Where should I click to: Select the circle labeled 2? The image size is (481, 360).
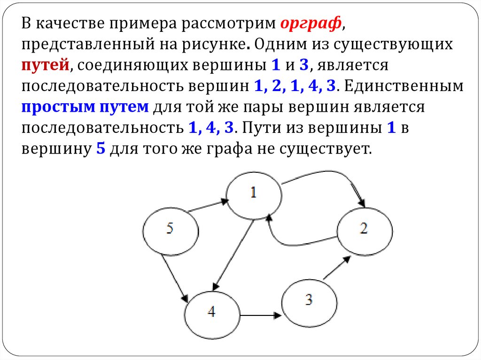tap(365, 229)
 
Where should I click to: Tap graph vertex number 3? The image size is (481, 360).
tap(309, 300)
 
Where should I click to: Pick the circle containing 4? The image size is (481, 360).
tap(212, 312)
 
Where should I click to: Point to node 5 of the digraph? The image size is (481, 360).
tap(170, 229)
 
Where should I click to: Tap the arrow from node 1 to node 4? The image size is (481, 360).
tap(233, 256)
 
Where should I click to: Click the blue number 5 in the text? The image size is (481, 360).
tap(100, 149)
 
